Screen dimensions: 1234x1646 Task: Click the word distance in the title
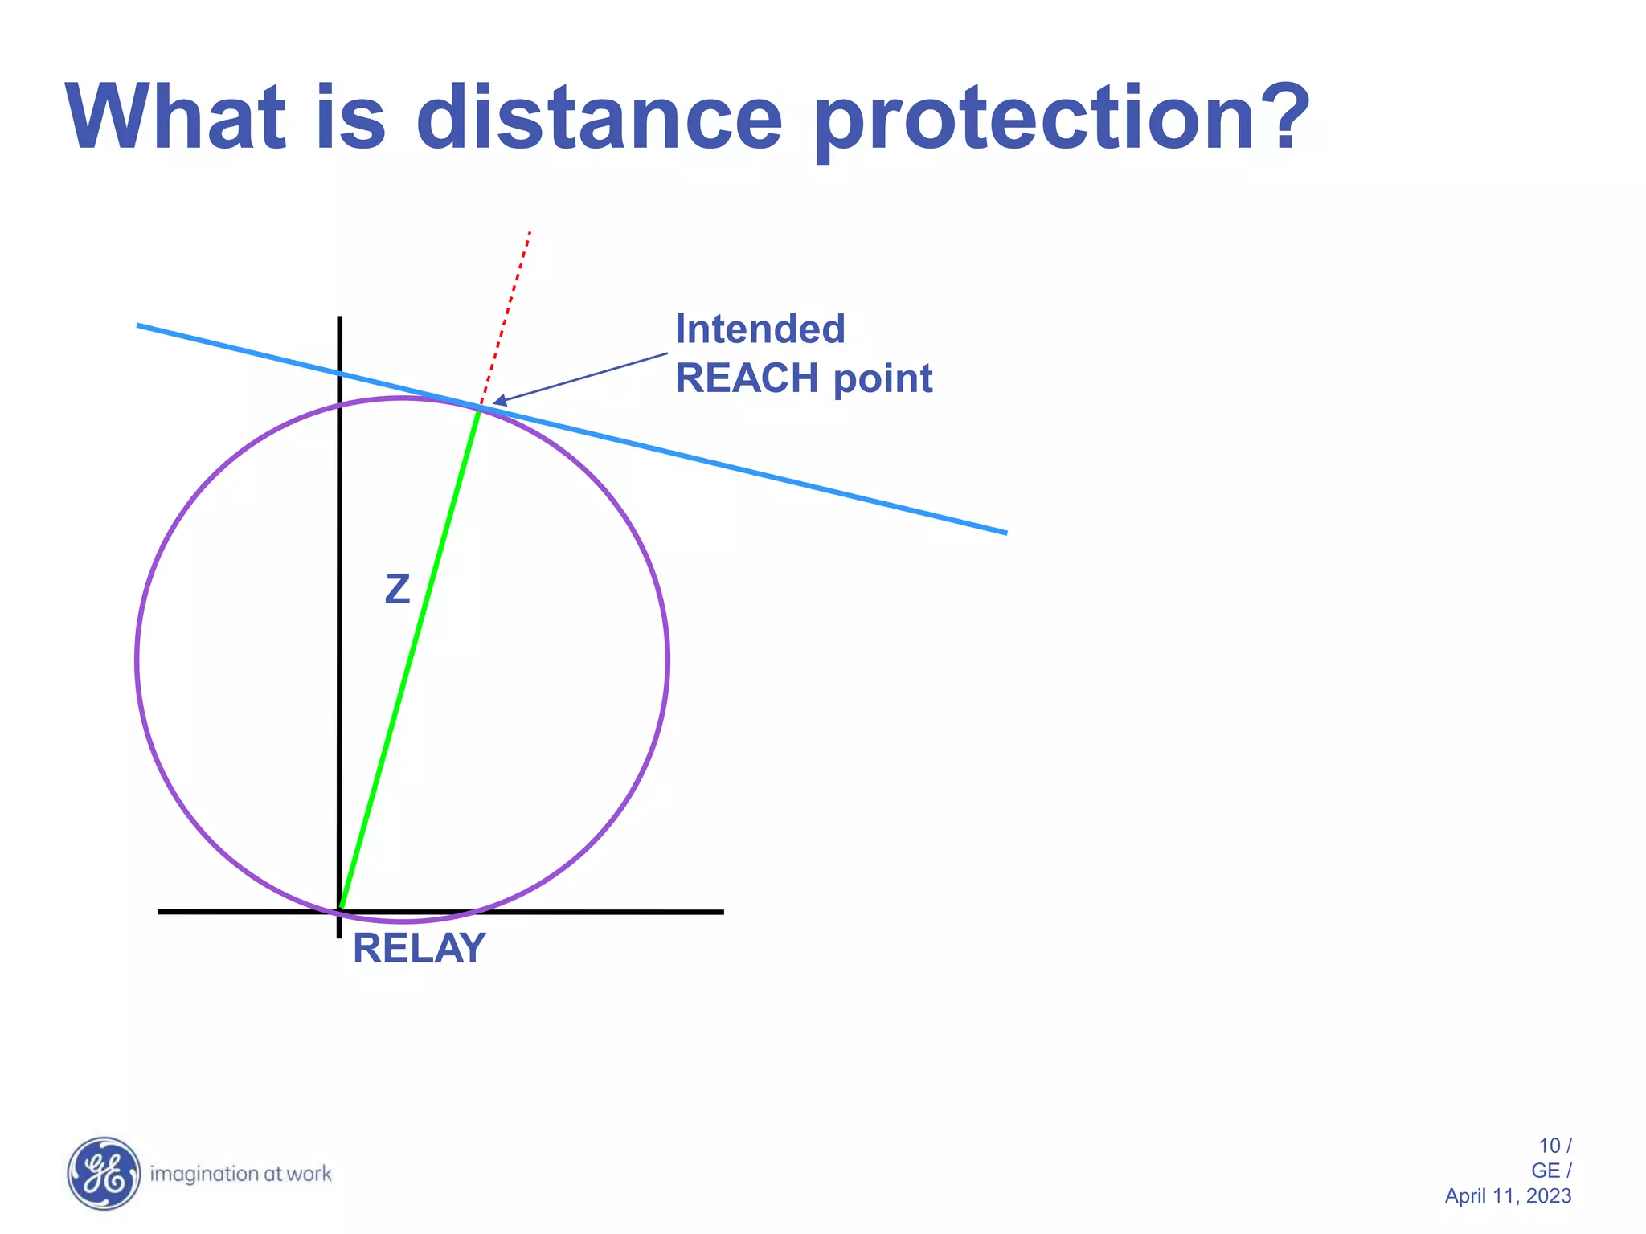[599, 118]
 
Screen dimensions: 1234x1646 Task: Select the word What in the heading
[176, 118]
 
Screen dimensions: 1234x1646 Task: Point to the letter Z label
[398, 589]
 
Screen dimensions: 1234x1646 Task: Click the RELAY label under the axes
[419, 948]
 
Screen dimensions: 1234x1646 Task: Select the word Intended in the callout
[760, 329]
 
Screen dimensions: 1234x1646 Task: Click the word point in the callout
[882, 379]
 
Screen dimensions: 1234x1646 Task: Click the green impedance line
[410, 659]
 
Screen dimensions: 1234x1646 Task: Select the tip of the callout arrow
[495, 401]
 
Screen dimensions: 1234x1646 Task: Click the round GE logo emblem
[104, 1173]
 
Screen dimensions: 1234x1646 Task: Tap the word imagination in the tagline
[204, 1175]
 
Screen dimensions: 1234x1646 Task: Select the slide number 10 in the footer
[1549, 1146]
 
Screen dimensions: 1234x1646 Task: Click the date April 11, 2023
[1508, 1196]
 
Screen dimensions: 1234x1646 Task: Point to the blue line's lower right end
[1004, 531]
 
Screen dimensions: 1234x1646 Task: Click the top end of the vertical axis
[340, 320]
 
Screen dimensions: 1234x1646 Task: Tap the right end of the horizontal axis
[721, 912]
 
